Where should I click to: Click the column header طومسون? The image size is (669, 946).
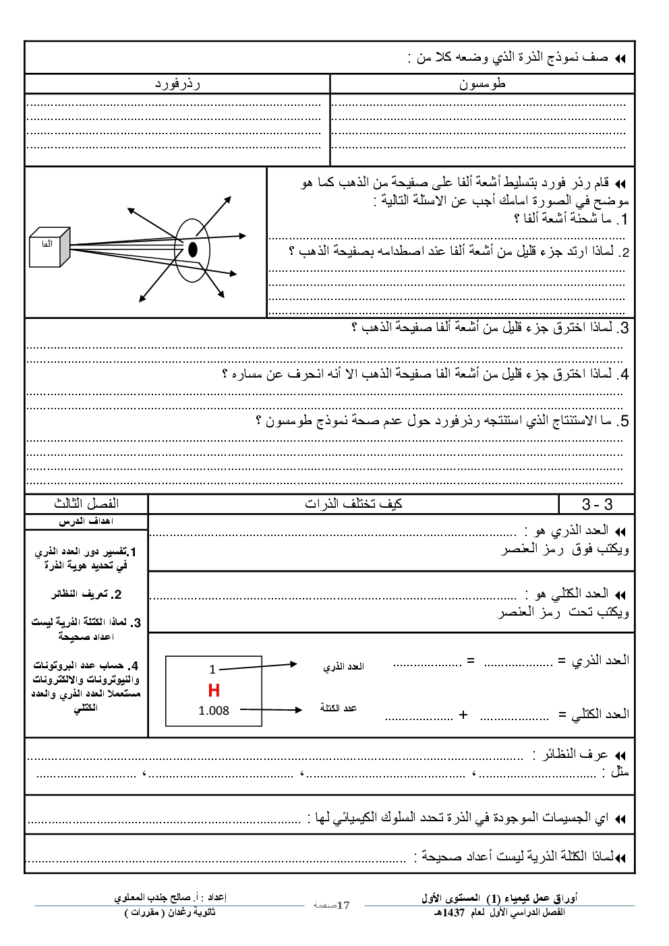pyautogui.click(x=482, y=84)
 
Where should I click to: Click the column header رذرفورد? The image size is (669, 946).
pyautogui.click(x=177, y=84)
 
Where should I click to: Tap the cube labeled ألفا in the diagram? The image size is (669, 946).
pyautogui.click(x=50, y=247)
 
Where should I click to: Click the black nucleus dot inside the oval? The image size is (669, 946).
pyautogui.click(x=193, y=249)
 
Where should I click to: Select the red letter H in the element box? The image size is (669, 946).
pyautogui.click(x=214, y=690)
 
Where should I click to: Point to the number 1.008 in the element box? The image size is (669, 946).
pyautogui.click(x=214, y=711)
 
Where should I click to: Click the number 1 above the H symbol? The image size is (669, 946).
pyautogui.click(x=212, y=670)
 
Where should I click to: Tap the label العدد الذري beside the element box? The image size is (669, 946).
pyautogui.click(x=343, y=666)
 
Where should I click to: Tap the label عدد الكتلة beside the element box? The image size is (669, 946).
pyautogui.click(x=339, y=708)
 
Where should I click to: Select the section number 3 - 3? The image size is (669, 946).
pyautogui.click(x=597, y=504)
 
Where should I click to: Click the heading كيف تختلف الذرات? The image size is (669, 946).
pyautogui.click(x=353, y=504)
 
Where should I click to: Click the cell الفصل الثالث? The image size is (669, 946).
pyautogui.click(x=86, y=504)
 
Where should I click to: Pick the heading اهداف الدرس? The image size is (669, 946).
pyautogui.click(x=86, y=521)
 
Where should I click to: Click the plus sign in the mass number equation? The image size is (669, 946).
pyautogui.click(x=463, y=715)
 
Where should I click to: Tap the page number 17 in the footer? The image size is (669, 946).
pyautogui.click(x=343, y=905)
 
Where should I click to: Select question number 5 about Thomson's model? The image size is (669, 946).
pyautogui.click(x=623, y=421)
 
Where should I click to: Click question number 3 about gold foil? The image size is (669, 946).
pyautogui.click(x=623, y=328)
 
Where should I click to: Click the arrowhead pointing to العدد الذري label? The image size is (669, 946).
pyautogui.click(x=293, y=664)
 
